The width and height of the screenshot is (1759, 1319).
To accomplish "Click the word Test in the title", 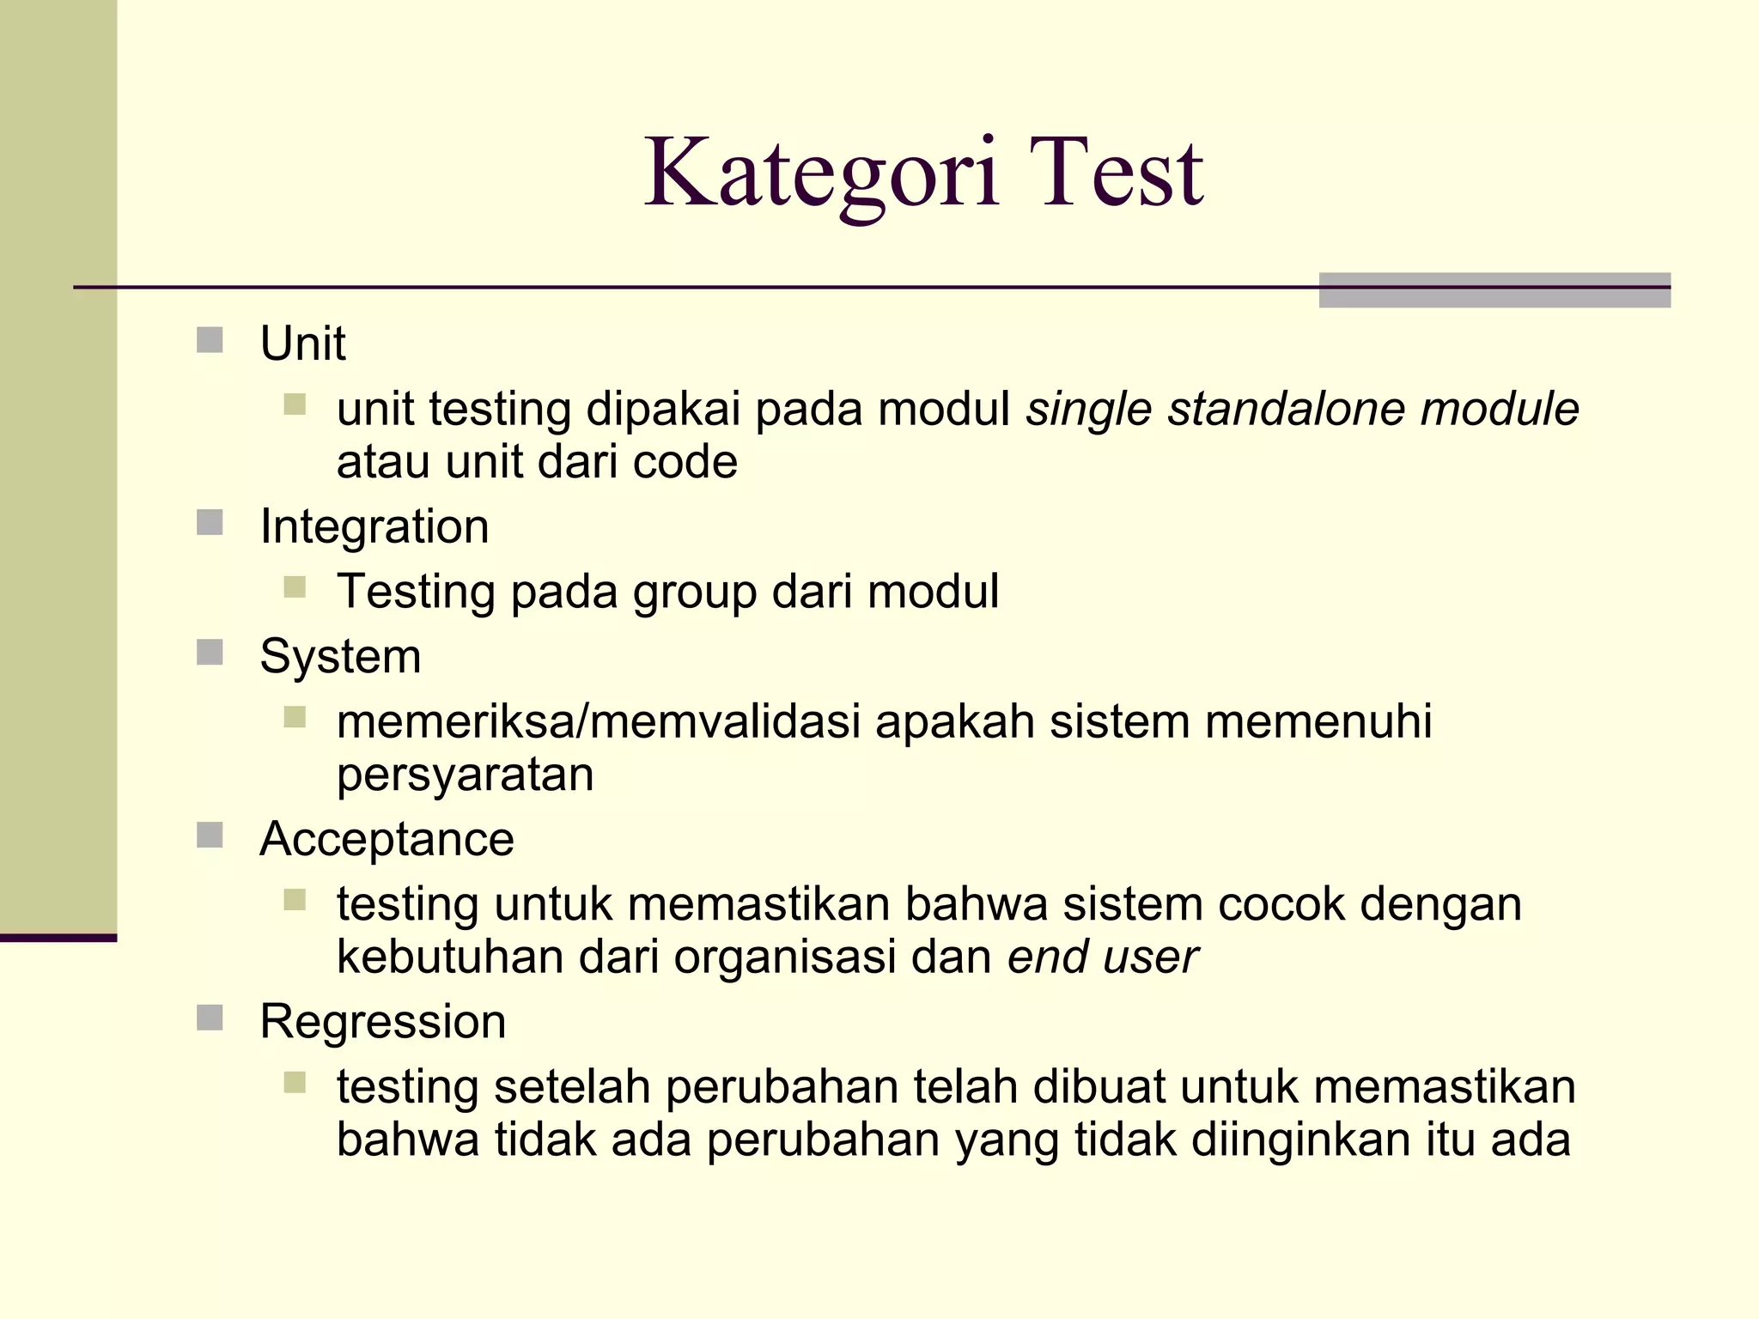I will pos(1117,174).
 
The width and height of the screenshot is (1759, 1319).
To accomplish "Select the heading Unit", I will pos(302,343).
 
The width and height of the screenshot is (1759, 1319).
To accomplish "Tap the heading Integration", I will pos(374,526).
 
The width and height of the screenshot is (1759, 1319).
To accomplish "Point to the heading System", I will pos(340,657).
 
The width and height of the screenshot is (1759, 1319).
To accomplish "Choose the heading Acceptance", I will pos(386,839).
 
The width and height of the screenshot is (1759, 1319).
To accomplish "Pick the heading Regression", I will pos(383,1022).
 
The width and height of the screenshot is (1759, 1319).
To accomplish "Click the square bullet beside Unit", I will pos(210,340).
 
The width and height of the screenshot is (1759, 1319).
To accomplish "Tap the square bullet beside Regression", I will pos(210,1018).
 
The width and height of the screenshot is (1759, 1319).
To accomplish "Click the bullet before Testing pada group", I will pos(295,587).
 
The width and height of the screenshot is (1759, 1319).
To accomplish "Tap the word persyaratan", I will pos(465,775).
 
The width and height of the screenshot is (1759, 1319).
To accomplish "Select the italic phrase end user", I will pos(1102,957).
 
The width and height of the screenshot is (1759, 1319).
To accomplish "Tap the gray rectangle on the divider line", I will pos(1494,290).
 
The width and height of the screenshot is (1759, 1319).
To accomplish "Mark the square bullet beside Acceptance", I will pos(210,836).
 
